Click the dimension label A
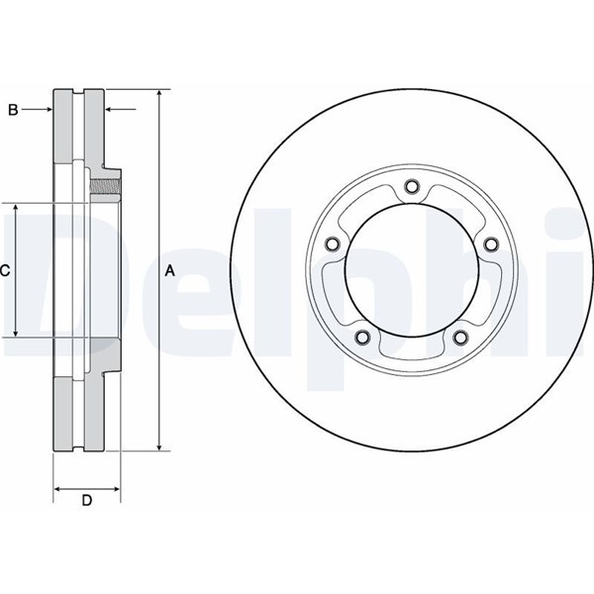coord(170,271)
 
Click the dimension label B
coord(13,110)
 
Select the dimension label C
coord(5,270)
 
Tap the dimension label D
coord(87,500)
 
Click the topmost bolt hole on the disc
coord(412,186)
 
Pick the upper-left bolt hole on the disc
coord(332,244)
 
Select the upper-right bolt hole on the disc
coord(491,244)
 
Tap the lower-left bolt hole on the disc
coord(362,337)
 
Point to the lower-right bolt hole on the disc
coord(460,337)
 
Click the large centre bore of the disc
coord(412,270)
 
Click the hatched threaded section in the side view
coord(105,186)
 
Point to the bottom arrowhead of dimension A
coord(159,446)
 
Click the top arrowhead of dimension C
coord(16,208)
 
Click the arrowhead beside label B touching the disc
coord(49,110)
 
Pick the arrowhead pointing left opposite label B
coord(109,110)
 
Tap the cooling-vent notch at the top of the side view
coord(78,92)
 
